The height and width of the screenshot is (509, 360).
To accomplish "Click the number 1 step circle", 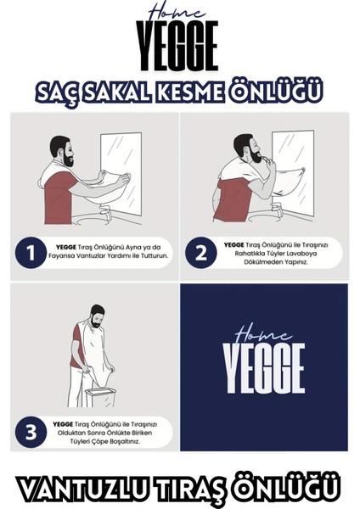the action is click(x=31, y=253).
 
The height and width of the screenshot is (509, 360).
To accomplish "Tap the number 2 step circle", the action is click(x=201, y=252).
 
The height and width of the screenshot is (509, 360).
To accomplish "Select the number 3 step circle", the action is click(x=31, y=432).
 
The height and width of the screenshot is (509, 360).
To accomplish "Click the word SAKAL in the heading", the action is click(x=116, y=92).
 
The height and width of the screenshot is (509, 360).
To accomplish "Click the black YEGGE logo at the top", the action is click(x=177, y=46).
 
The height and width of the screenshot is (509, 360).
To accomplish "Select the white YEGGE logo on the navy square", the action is click(x=264, y=368).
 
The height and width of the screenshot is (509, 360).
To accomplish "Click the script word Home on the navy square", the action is click(x=263, y=334).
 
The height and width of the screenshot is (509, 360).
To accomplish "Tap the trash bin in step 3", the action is click(x=100, y=396).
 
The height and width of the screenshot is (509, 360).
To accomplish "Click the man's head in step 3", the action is click(x=97, y=316).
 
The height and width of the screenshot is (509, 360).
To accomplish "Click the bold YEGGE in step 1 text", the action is click(x=66, y=248).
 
